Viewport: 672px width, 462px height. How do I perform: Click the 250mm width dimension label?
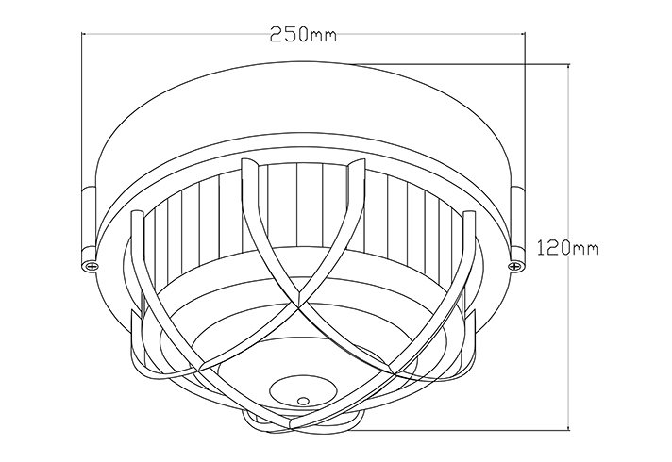pyautogui.click(x=303, y=36)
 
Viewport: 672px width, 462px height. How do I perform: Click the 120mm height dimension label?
pyautogui.click(x=569, y=249)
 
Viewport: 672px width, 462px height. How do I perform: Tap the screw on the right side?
pyautogui.click(x=515, y=267)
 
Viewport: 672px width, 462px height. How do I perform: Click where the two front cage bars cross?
pyautogui.click(x=300, y=307)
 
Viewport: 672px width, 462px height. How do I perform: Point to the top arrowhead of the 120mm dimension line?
pyautogui.click(x=568, y=69)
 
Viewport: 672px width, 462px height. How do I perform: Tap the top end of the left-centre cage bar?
pyautogui.click(x=248, y=164)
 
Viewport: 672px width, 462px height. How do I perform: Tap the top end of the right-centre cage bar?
pyautogui.click(x=356, y=164)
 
